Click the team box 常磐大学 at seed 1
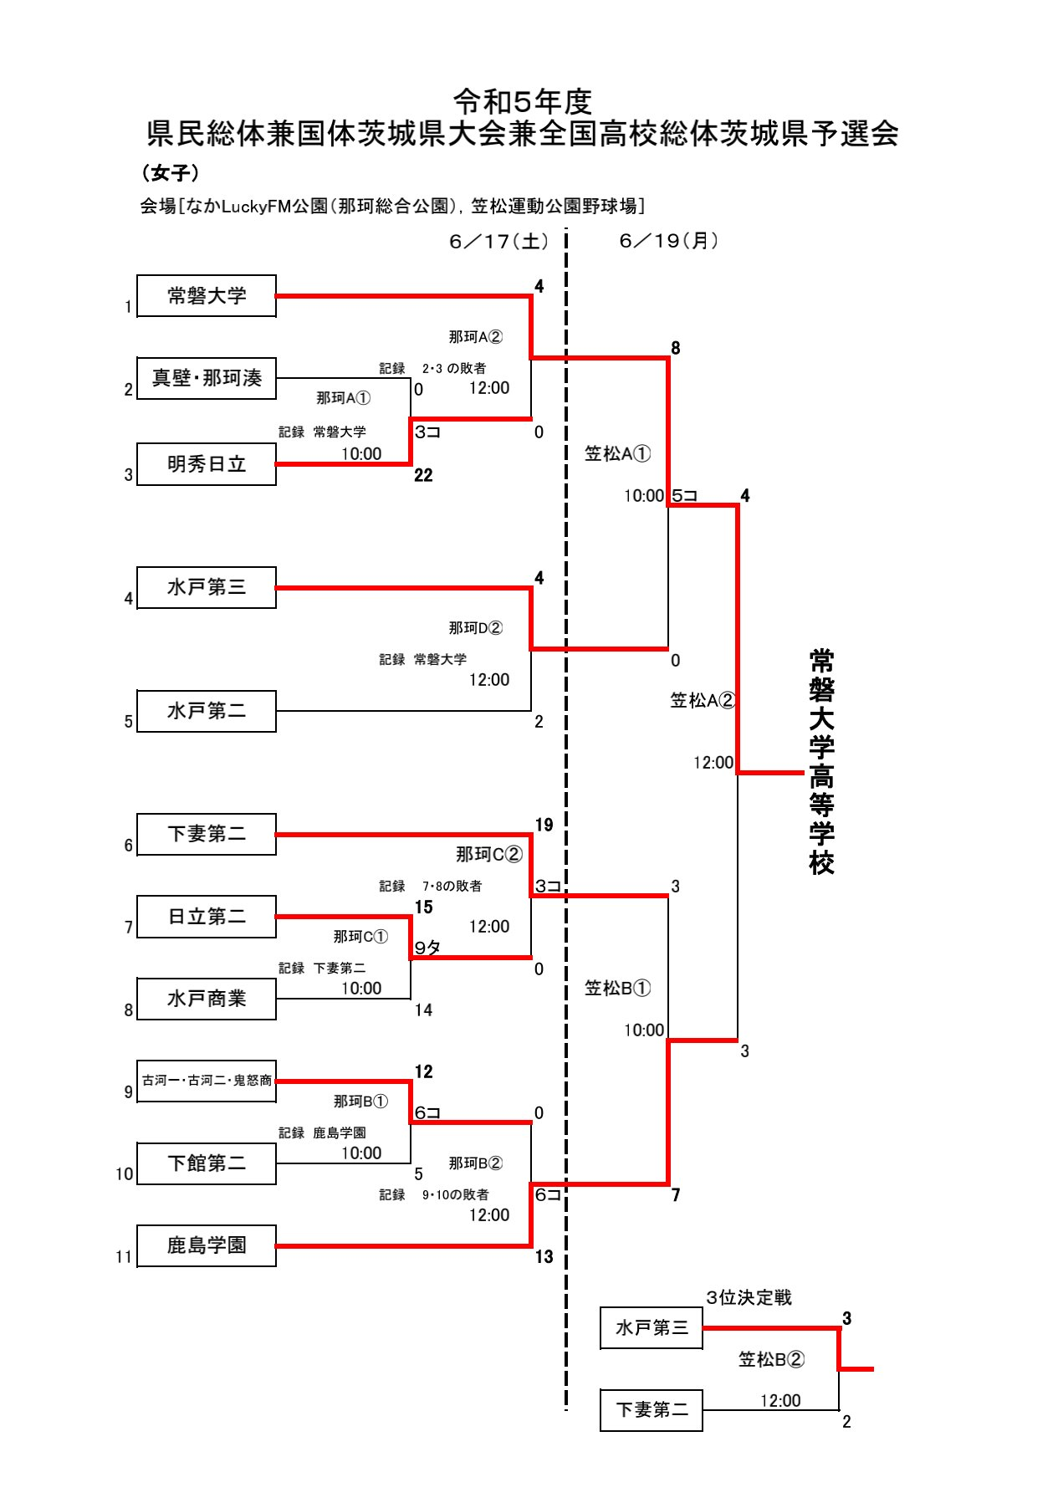[x=207, y=296]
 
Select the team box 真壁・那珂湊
[x=207, y=378]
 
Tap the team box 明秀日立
[x=207, y=464]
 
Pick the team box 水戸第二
[x=207, y=711]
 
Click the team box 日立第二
[x=207, y=917]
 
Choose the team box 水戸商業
[x=207, y=999]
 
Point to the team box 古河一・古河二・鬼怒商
[x=207, y=1081]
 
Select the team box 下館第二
[x=207, y=1163]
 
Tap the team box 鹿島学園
[x=207, y=1245]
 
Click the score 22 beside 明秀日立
[x=423, y=475]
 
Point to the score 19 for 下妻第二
[x=544, y=826]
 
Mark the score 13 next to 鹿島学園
[x=544, y=1256]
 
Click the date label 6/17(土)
[x=498, y=242]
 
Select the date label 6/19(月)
[x=668, y=241]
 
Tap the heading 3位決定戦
[x=749, y=1297]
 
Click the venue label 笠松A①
[x=617, y=453]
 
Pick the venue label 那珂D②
[x=475, y=628]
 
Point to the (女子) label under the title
[x=170, y=173]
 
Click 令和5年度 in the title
[x=523, y=102]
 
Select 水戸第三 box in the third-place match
[x=652, y=1327]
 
